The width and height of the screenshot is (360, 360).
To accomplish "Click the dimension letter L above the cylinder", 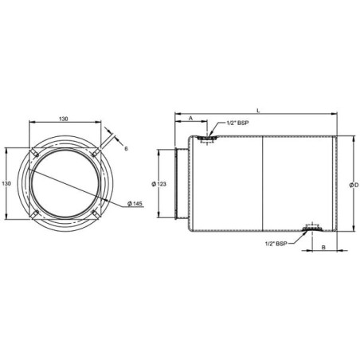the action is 257,110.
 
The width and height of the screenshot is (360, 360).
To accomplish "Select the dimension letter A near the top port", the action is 190,118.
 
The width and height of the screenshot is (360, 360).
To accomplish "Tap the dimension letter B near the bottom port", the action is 323,247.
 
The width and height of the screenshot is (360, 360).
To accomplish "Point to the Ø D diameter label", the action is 354,185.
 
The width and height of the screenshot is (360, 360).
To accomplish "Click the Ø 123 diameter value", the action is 159,184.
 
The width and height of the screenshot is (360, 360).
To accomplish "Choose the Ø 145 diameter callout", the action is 135,204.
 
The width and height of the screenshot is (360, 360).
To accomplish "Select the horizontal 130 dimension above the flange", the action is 63,119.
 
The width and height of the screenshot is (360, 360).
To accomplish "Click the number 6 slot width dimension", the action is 126,149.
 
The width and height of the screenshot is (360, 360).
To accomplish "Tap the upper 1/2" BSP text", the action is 237,123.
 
